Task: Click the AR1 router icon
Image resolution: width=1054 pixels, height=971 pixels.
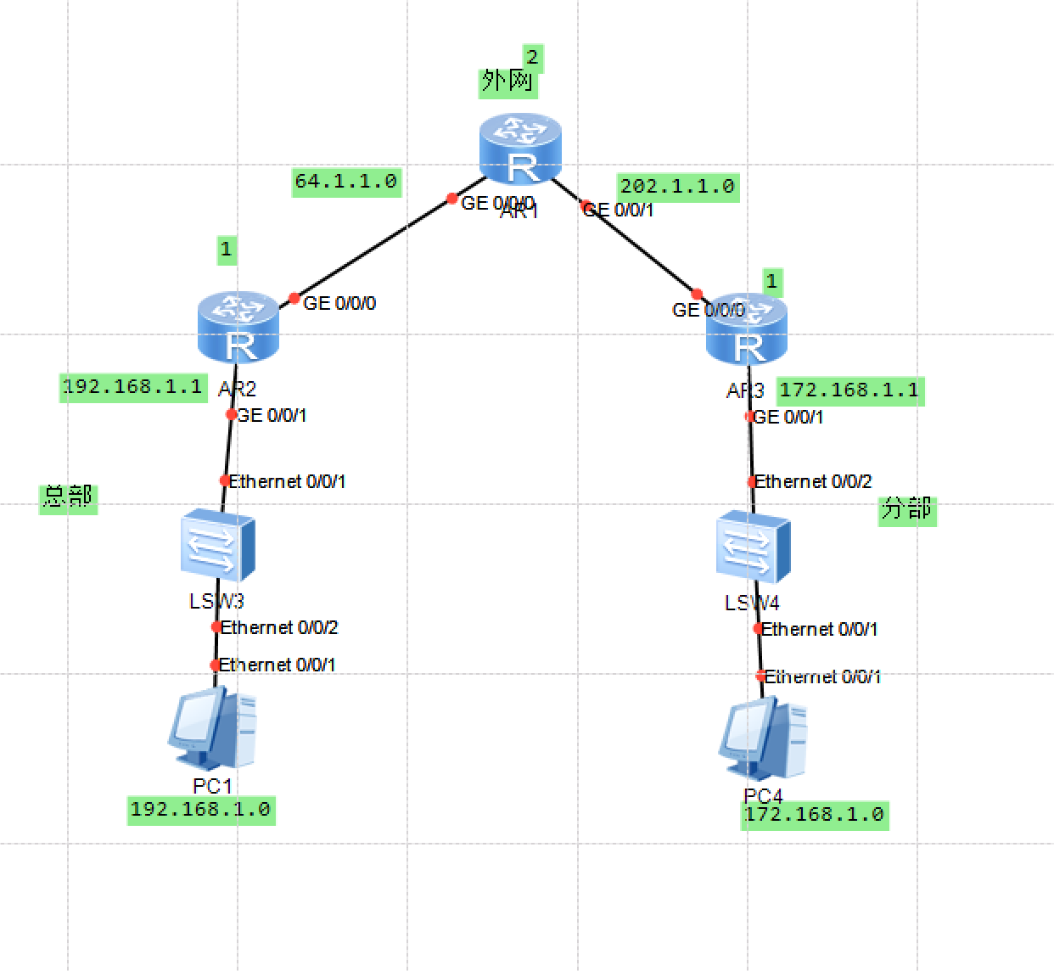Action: (519, 149)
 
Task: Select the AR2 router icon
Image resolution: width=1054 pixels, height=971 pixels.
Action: (238, 328)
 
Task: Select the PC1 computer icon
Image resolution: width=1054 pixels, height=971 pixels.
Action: (212, 729)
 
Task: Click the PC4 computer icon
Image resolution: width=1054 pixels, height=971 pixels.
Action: (763, 739)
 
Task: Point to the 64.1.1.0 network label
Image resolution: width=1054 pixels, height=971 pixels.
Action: (345, 182)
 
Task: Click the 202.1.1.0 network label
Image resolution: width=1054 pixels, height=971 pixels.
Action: (677, 187)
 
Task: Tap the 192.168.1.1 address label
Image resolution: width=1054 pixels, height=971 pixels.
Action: (132, 387)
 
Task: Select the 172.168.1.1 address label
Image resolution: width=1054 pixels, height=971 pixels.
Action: (849, 390)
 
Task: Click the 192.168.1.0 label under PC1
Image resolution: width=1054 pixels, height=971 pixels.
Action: (201, 810)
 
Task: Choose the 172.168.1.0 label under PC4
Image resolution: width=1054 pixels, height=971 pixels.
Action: (815, 815)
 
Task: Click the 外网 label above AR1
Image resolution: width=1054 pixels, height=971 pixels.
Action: (507, 81)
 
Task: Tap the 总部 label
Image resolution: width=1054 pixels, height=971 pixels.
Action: (68, 497)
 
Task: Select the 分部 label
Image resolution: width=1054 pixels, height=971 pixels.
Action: (906, 509)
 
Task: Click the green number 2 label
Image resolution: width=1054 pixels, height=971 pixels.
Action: (532, 58)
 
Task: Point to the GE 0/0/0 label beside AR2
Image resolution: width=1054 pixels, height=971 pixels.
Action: (339, 303)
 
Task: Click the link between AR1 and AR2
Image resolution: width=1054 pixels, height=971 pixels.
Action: (373, 250)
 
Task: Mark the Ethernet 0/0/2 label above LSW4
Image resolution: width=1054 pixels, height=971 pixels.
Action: (813, 482)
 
